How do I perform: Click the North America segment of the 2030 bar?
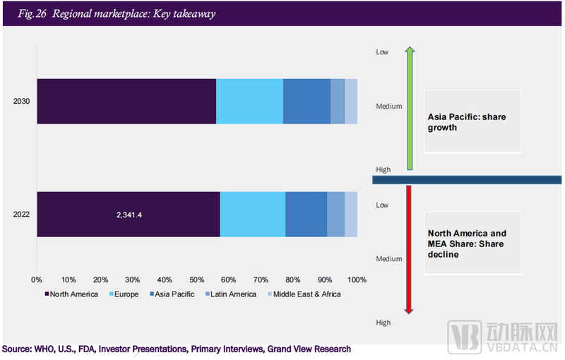click(126, 102)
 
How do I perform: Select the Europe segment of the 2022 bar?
click(252, 214)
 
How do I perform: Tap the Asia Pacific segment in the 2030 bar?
click(307, 102)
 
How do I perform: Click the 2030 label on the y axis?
click(21, 102)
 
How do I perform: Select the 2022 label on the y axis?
click(21, 214)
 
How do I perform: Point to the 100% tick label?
click(357, 280)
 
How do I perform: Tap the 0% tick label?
click(37, 280)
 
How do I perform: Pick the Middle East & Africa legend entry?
click(304, 294)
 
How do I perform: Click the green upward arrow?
click(410, 109)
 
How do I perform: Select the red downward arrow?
click(408, 247)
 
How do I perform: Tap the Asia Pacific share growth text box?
click(472, 121)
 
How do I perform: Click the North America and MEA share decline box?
click(472, 243)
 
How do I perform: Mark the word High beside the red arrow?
click(383, 323)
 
